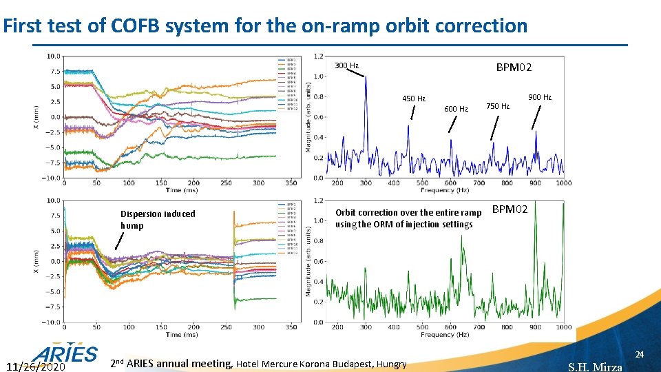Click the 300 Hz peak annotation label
[x=346, y=66]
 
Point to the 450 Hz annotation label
[x=414, y=99]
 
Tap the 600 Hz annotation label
[x=456, y=109]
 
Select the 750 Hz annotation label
[x=498, y=106]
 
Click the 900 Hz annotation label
[x=540, y=97]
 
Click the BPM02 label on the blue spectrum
[x=514, y=68]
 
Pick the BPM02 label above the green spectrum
[x=510, y=209]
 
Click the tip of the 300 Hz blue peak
[x=366, y=77]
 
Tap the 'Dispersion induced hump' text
[x=158, y=219]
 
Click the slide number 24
[x=639, y=354]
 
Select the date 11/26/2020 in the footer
[x=34, y=366]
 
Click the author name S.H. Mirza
[x=595, y=366]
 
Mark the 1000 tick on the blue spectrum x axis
[x=563, y=183]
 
